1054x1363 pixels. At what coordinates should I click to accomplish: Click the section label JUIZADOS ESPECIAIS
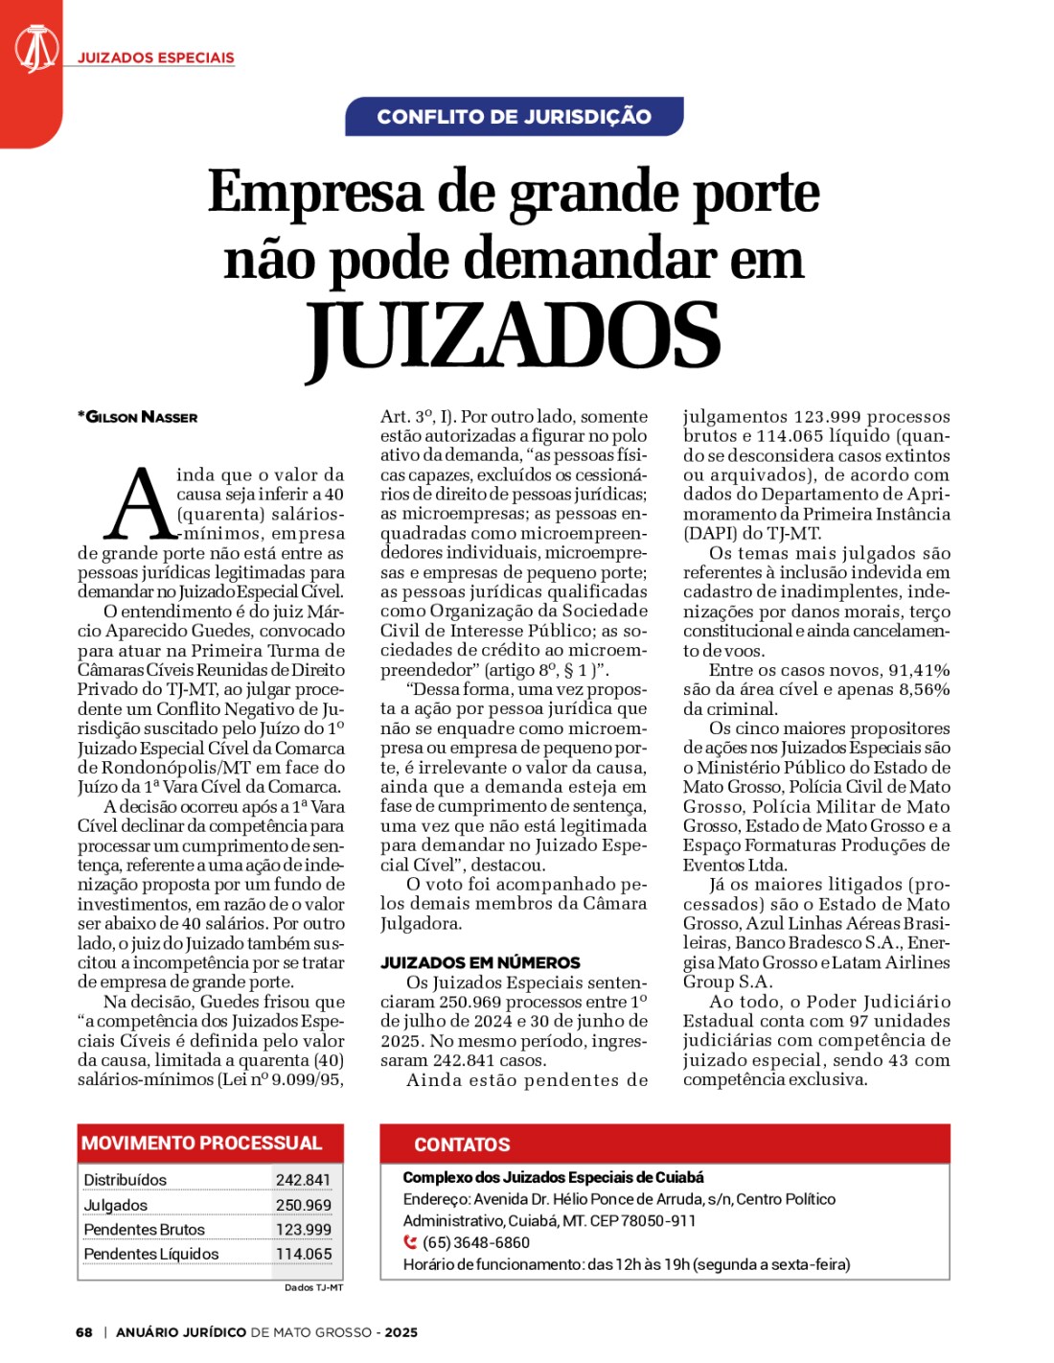pos(155,58)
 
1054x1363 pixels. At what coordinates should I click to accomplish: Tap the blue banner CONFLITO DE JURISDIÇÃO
pos(515,117)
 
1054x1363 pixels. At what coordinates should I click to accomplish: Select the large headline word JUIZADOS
pos(514,335)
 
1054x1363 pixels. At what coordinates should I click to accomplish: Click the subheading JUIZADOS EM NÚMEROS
pos(480,962)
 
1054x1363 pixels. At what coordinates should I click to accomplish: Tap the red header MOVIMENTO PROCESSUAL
pos(202,1143)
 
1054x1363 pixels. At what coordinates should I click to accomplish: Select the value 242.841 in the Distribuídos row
pos(303,1180)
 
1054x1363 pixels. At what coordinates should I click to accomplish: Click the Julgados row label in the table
pos(116,1205)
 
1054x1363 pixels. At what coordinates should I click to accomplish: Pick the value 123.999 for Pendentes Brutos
pos(303,1230)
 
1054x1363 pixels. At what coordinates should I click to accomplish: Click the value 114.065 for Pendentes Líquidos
pos(303,1254)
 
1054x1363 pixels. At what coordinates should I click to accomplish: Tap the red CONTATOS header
pos(462,1144)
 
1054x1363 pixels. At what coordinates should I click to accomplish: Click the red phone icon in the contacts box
pos(410,1242)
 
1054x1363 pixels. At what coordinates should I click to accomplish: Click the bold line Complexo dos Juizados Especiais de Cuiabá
pos(553,1177)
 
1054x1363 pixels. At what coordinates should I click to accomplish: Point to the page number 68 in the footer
pos(84,1332)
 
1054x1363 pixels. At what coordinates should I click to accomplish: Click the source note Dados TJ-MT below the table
pos(313,1287)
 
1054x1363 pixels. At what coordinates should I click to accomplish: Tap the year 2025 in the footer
pos(401,1332)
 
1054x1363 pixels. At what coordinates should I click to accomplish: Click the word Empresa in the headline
pos(315,192)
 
